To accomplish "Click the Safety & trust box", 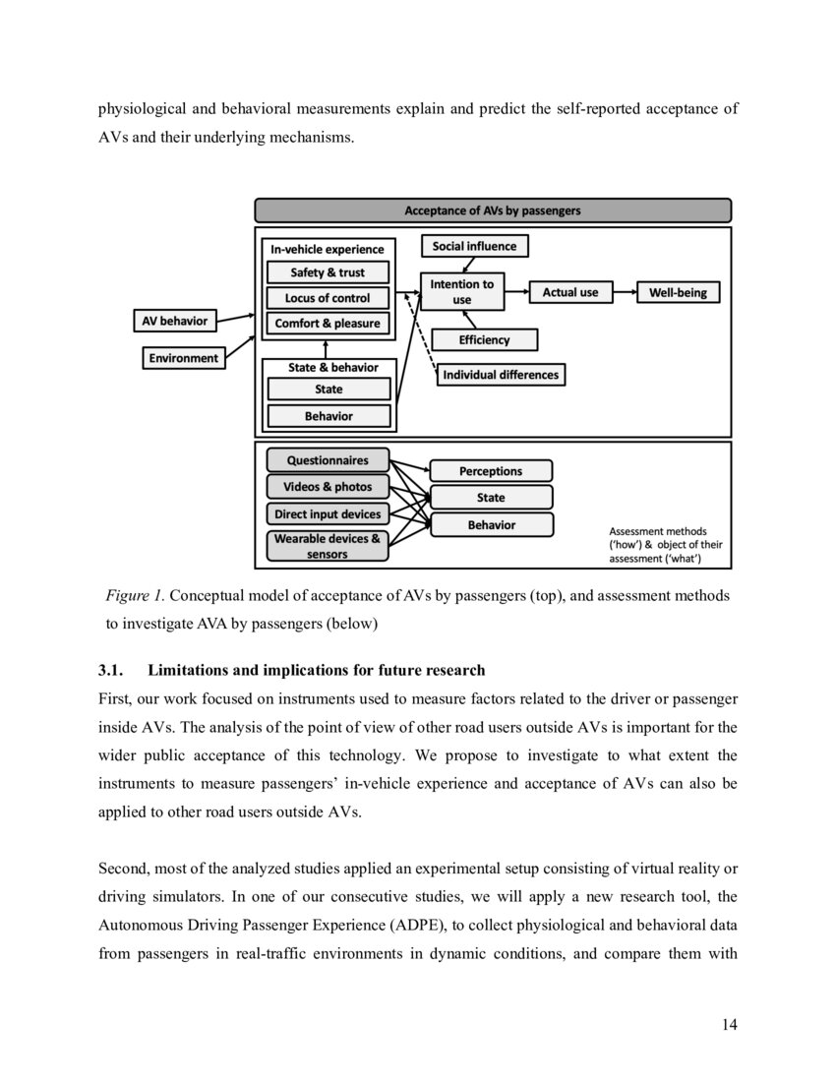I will [328, 272].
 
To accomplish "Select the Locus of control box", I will [328, 298].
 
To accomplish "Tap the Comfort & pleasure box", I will [328, 324].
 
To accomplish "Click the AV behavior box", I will [176, 321].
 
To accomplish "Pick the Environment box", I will [184, 358].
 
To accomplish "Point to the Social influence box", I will [474, 246].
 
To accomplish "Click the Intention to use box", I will [462, 292].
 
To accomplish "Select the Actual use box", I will [570, 292].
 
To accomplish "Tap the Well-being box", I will [678, 292].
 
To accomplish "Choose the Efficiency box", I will [484, 340].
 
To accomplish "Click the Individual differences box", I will [500, 375].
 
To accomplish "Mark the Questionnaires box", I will [328, 460].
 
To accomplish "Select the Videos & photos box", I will [328, 487].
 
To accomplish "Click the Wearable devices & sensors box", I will [328, 546].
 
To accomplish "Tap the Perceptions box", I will [491, 471].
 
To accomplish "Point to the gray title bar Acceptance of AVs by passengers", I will [493, 210].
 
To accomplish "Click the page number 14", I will [729, 1025].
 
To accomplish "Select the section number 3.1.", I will [110, 671].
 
